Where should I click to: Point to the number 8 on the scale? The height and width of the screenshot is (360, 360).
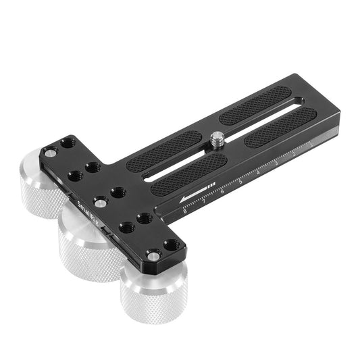[x=184, y=212]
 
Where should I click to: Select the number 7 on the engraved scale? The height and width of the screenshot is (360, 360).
[x=204, y=202]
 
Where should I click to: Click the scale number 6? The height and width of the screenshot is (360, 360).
[x=222, y=192]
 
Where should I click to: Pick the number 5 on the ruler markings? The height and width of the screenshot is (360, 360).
[x=240, y=183]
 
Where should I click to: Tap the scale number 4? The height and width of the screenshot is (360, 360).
[x=258, y=174]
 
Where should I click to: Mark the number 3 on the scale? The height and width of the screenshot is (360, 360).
[x=276, y=164]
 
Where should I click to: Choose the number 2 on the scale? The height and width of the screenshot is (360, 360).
[x=293, y=155]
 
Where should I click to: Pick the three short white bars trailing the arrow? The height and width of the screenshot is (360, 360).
[x=211, y=185]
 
